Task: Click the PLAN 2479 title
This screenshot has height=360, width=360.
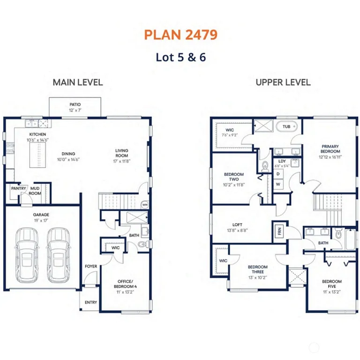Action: (x=180, y=35)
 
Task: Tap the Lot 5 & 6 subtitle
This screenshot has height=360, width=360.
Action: (x=180, y=58)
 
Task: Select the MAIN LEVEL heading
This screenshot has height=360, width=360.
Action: (x=77, y=82)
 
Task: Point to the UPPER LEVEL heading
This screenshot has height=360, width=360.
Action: (x=283, y=82)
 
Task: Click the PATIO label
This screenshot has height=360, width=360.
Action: (x=75, y=105)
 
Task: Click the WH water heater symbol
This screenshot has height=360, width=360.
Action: (x=145, y=205)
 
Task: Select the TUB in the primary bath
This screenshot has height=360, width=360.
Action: (x=286, y=127)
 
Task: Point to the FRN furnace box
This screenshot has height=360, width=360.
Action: (x=279, y=231)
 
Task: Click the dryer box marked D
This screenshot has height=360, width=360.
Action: (x=278, y=174)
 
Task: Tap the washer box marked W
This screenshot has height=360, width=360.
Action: (x=278, y=185)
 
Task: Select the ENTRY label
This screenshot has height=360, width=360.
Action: (x=90, y=302)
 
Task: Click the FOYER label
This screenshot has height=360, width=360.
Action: (x=90, y=267)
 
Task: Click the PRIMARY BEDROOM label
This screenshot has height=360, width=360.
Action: (x=330, y=149)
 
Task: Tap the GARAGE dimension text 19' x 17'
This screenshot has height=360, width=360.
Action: (x=41, y=220)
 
